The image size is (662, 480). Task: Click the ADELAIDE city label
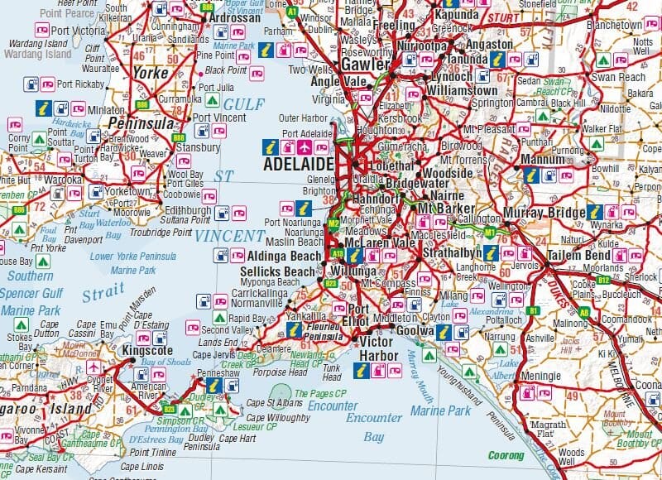pos(299,164)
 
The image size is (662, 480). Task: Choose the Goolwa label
pos(415,330)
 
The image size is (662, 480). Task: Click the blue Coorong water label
pos(506,454)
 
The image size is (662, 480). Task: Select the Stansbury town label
pos(198,147)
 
